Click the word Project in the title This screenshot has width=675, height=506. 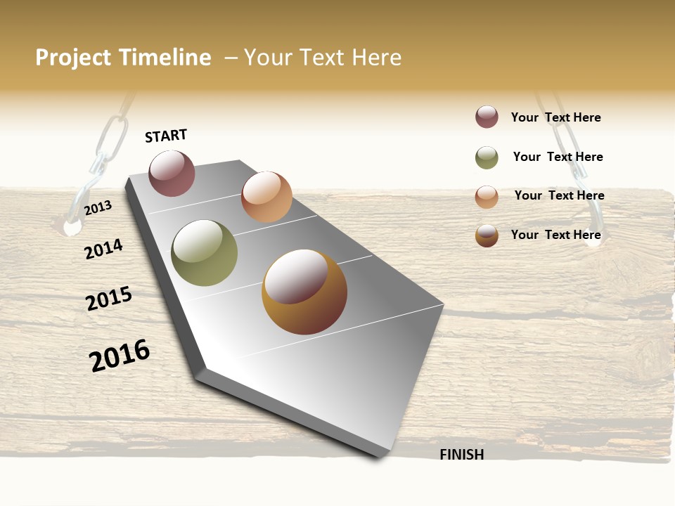pyautogui.click(x=72, y=58)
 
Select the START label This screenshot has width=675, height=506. pyautogui.click(x=166, y=136)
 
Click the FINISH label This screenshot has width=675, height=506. pyautogui.click(x=462, y=455)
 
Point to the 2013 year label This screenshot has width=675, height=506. pyautogui.click(x=98, y=208)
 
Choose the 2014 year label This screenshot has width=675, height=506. pyautogui.click(x=103, y=249)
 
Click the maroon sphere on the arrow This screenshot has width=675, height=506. pyautogui.click(x=172, y=173)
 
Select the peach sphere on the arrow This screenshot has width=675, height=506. pyautogui.click(x=266, y=197)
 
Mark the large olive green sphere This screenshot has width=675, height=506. pyautogui.click(x=205, y=253)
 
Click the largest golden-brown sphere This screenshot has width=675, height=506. pyautogui.click(x=304, y=292)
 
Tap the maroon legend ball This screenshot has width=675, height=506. pyautogui.click(x=487, y=117)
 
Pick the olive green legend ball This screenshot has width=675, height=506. pyautogui.click(x=487, y=157)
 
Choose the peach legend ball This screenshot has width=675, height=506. pyautogui.click(x=487, y=196)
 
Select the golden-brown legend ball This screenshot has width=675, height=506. pyautogui.click(x=487, y=235)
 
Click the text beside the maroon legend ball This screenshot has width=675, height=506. pyautogui.click(x=555, y=117)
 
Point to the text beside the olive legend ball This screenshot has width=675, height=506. pyautogui.click(x=558, y=157)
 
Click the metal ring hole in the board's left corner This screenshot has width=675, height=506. pyautogui.click(x=72, y=227)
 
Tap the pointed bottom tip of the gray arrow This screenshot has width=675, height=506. pyautogui.click(x=380, y=455)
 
